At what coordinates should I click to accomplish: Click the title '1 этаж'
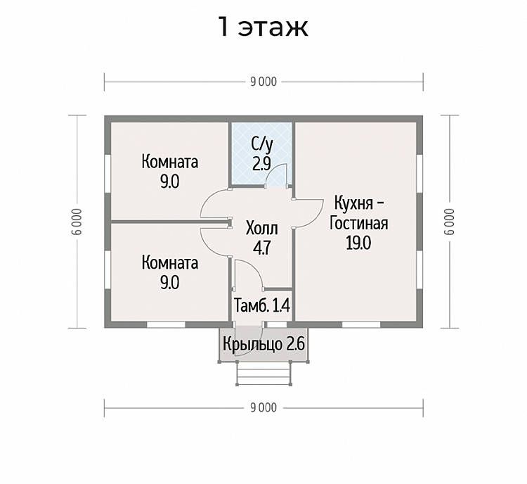point(263,27)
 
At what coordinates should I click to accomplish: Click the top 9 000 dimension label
point(263,82)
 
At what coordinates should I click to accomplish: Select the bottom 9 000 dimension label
point(263,408)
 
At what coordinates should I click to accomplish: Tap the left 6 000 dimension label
point(77,222)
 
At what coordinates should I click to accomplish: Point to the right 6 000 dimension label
point(450,222)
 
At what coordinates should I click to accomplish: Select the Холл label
point(262,229)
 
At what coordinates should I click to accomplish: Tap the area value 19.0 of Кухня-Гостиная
point(358,243)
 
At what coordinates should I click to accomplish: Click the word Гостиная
point(358,223)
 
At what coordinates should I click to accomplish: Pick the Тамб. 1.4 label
point(262,306)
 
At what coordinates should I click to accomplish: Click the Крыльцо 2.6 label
point(263,344)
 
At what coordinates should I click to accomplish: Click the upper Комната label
point(170,162)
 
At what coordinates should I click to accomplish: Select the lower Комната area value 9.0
point(170,282)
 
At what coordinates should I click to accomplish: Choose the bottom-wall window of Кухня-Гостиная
point(361,325)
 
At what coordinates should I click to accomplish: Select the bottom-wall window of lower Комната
point(166,325)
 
